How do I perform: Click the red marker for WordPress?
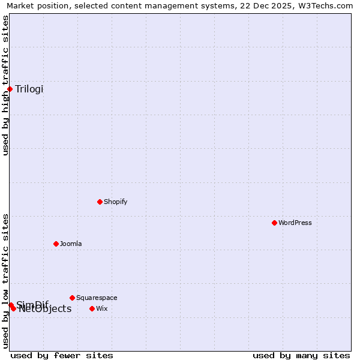(274, 223)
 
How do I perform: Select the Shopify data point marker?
(100, 202)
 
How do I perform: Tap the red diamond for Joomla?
(56, 244)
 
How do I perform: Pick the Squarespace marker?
(72, 298)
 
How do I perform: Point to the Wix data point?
(92, 308)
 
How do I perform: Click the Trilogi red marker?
(10, 89)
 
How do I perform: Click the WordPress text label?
(295, 223)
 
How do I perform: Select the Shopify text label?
(116, 202)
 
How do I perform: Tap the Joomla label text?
(71, 244)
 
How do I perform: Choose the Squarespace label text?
(97, 298)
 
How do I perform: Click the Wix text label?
(102, 308)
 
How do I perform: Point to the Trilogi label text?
(29, 89)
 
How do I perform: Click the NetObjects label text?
(45, 309)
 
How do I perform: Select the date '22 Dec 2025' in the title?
(264, 6)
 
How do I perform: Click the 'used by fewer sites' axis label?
(62, 355)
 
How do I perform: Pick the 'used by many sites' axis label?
(301, 355)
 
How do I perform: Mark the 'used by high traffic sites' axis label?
(6, 85)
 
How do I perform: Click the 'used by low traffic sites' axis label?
(6, 281)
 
